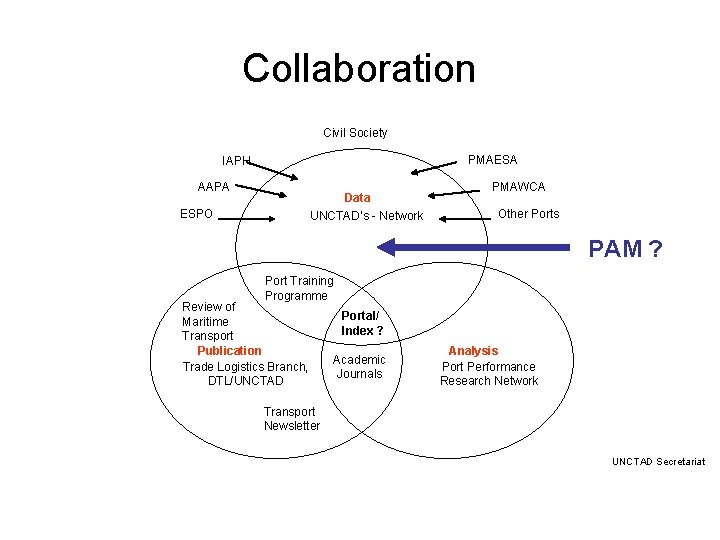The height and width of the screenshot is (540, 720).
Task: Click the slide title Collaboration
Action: pos(359,69)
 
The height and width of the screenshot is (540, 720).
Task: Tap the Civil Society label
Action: pos(355,133)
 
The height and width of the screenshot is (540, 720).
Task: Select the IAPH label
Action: pos(237,160)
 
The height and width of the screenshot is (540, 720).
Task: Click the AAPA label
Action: pos(213,187)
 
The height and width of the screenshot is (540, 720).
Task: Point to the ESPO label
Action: pos(196,214)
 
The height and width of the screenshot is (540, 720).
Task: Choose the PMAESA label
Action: pos(493,160)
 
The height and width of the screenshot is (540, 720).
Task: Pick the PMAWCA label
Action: pos(518,187)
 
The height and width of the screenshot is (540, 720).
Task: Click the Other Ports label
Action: pos(528,214)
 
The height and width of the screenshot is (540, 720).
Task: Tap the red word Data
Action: pos(357,198)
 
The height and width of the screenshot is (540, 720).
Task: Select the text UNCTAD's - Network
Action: pos(366,216)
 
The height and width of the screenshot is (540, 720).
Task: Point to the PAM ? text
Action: pos(625,249)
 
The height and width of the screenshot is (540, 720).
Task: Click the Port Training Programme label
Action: pos(298,288)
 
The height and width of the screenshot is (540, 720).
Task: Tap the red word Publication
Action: pos(229,351)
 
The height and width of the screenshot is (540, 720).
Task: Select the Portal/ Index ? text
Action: pos(362,323)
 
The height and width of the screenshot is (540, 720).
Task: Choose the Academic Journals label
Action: pos(359,367)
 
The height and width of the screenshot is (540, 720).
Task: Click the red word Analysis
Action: pos(473,351)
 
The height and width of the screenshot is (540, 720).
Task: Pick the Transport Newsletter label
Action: pos(291,419)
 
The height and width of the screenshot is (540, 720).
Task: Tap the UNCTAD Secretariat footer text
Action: pos(658,461)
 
